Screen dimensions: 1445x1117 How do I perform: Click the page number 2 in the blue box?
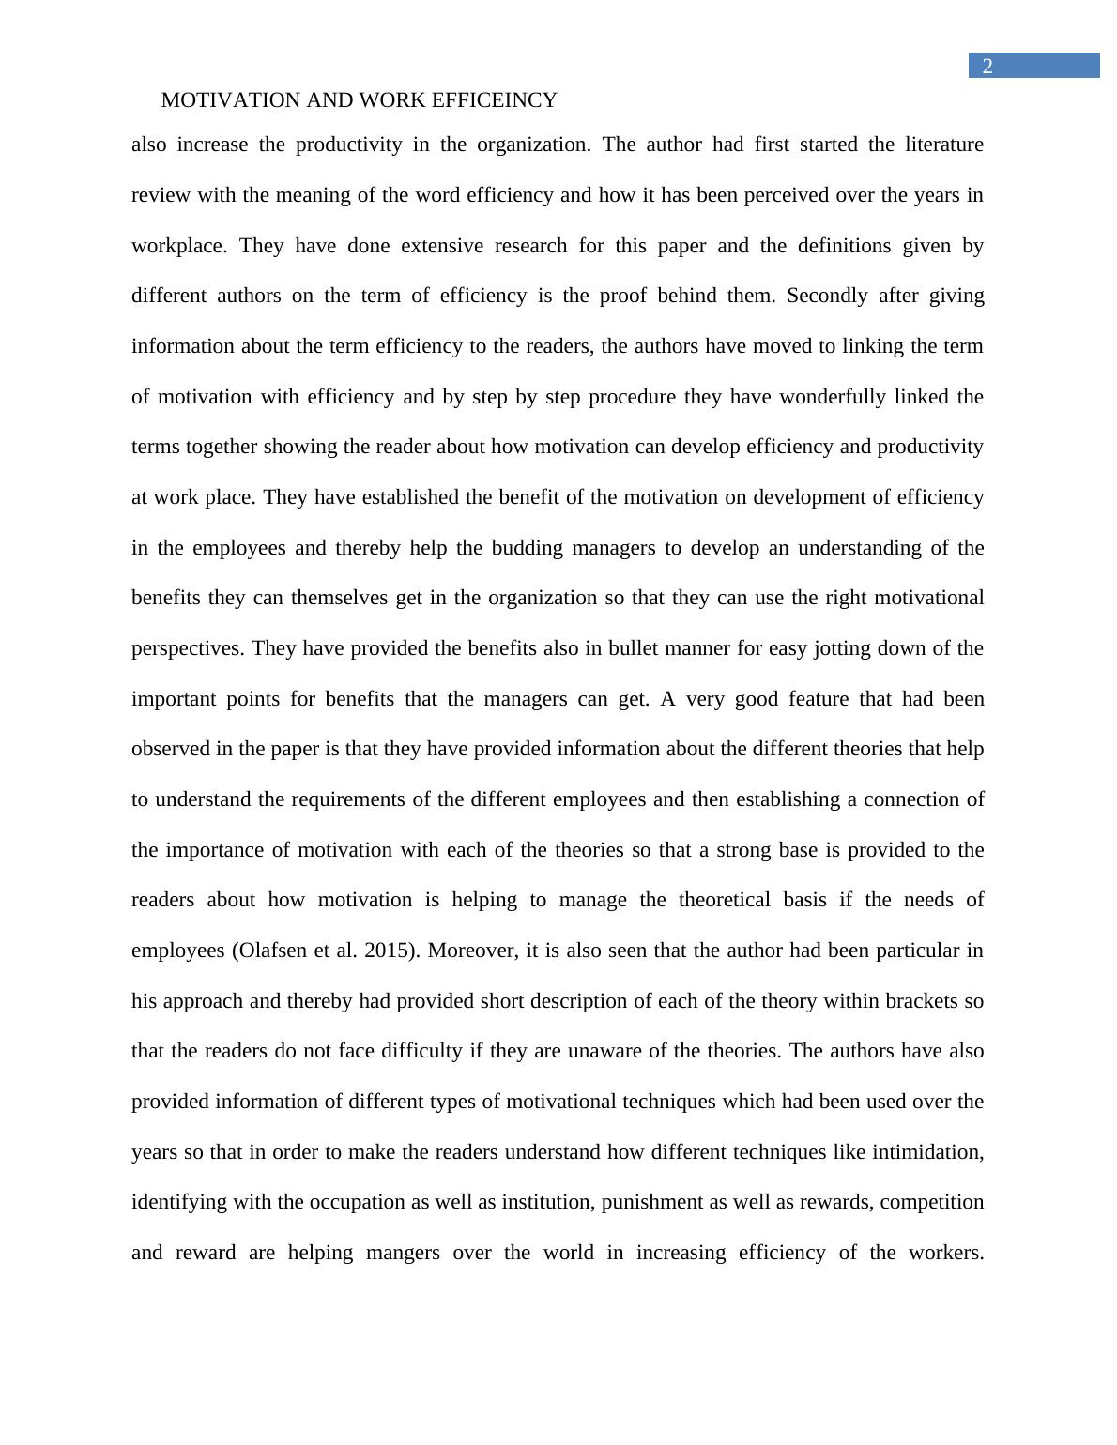987,66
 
